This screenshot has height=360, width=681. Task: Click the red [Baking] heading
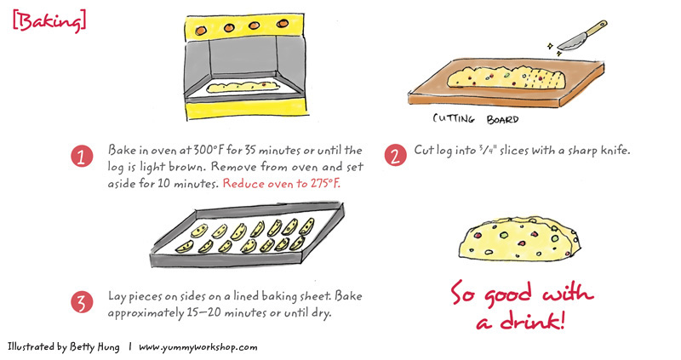[49, 21]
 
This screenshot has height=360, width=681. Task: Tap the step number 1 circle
[82, 156]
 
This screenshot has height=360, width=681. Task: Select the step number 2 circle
[395, 155]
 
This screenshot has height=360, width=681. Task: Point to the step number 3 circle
[82, 301]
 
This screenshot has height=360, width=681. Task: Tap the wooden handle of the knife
[597, 27]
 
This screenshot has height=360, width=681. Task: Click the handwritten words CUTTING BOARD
[476, 118]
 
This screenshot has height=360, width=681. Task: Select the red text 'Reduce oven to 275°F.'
[282, 184]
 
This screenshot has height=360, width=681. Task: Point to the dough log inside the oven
[243, 87]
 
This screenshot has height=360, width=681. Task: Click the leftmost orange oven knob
[201, 31]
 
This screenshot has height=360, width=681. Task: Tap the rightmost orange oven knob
[283, 23]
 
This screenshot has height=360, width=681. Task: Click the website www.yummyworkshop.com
[198, 347]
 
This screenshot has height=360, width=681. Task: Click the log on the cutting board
[506, 78]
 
